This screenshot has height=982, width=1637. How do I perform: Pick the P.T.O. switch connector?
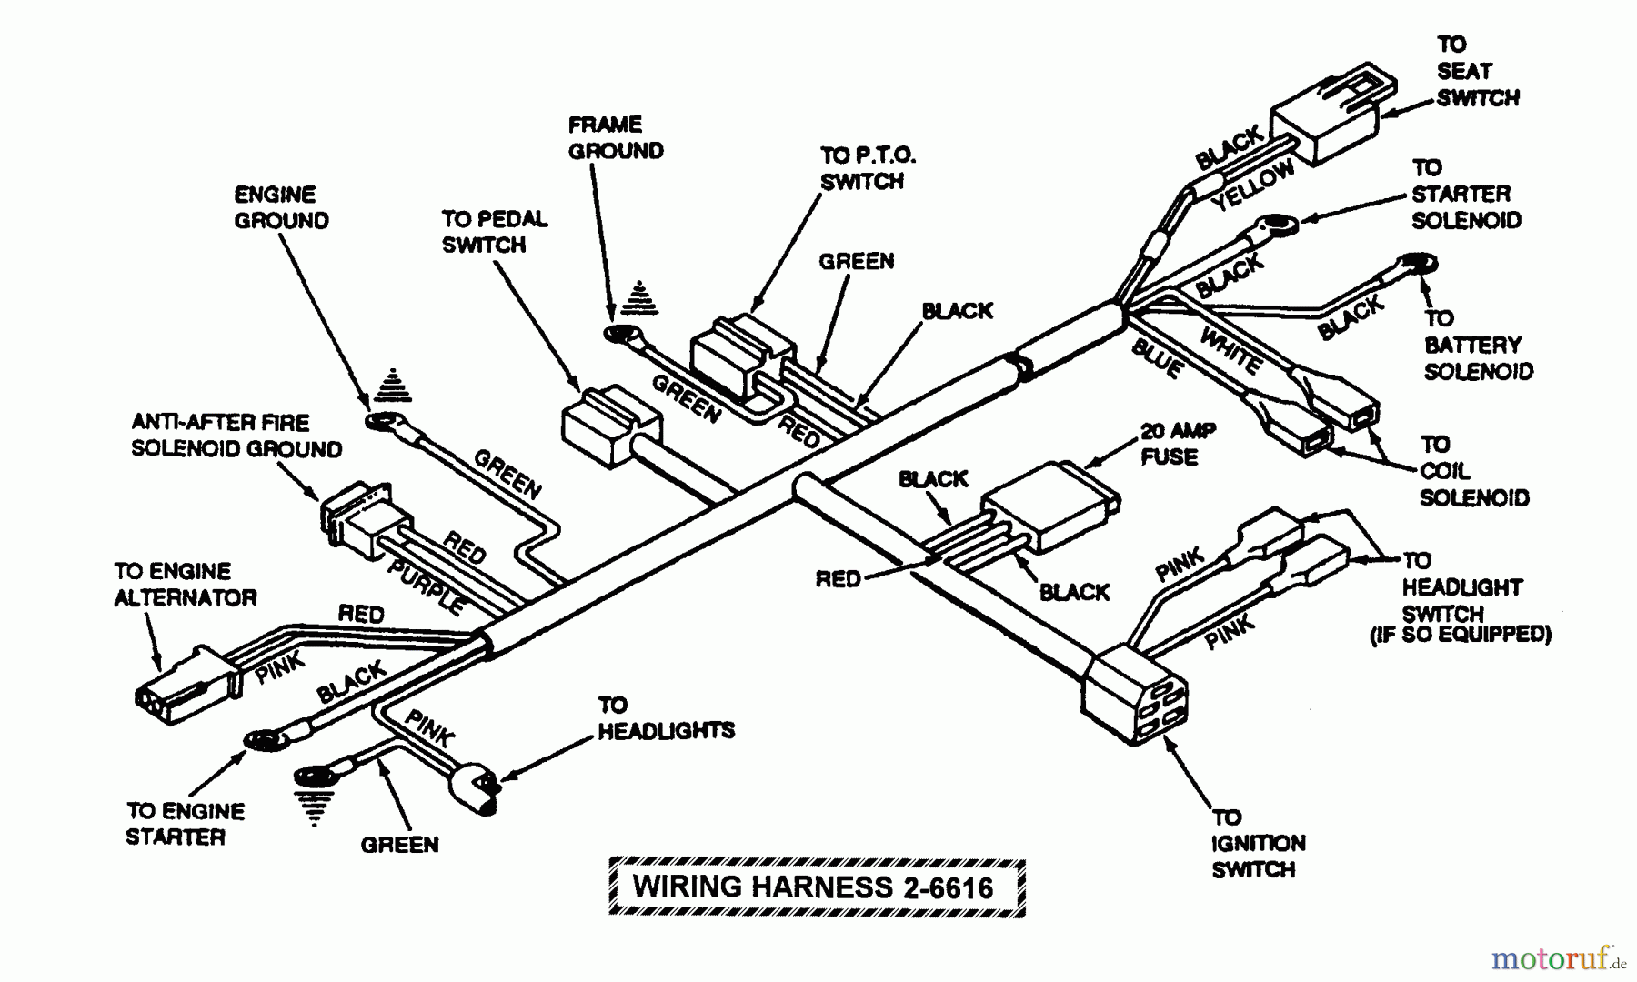742,354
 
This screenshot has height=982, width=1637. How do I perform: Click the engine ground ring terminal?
384,422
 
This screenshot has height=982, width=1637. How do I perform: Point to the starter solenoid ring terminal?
1278,224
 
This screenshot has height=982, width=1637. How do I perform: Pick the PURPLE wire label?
426,586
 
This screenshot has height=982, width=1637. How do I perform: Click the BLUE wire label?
1157,358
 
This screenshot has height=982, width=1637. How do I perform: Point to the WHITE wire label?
1230,350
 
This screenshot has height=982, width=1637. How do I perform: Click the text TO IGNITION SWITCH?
1257,844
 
